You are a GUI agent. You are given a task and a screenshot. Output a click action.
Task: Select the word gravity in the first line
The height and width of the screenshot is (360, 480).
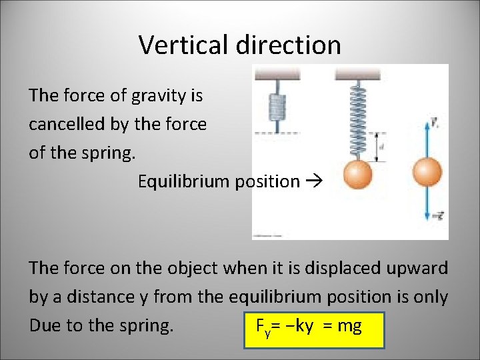tap(157, 96)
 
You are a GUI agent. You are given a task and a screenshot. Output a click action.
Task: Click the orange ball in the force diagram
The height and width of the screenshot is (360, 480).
tap(427, 172)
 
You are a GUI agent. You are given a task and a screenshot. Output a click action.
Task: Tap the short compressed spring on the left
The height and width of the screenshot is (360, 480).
tap(275, 107)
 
